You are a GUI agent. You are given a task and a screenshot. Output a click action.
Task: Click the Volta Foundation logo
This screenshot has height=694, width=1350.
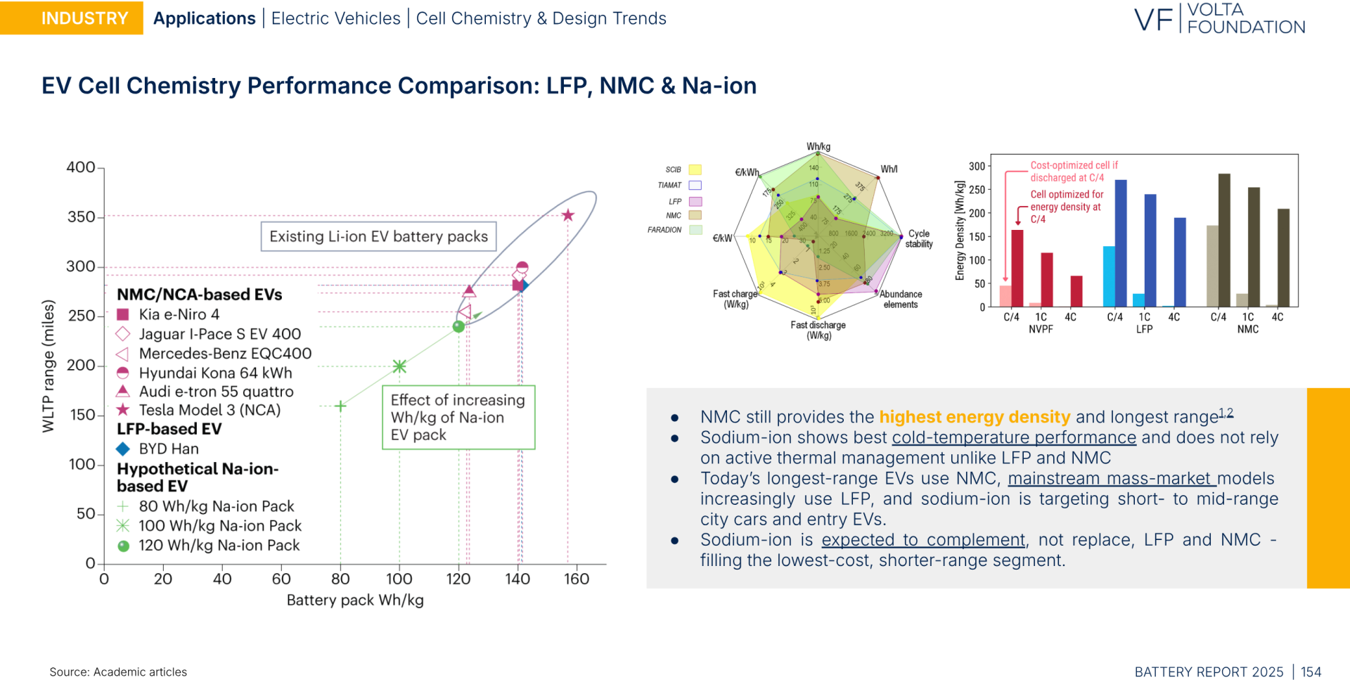(x=1219, y=19)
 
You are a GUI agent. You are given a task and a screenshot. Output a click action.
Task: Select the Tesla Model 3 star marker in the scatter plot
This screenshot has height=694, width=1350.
(x=568, y=215)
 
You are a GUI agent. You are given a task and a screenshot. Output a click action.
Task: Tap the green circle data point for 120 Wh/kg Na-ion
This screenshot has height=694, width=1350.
(x=458, y=326)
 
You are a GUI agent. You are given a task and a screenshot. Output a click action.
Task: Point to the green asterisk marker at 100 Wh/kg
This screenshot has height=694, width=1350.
(x=399, y=366)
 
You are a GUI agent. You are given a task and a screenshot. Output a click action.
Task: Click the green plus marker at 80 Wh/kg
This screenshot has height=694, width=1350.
(x=340, y=406)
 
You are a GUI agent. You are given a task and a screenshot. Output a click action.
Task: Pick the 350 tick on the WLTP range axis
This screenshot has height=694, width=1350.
(x=82, y=217)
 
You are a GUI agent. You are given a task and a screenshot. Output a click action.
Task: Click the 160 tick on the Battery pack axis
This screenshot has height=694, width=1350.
(x=577, y=579)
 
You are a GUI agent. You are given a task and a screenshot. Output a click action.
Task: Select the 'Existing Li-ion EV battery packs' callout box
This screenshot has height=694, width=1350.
(x=378, y=236)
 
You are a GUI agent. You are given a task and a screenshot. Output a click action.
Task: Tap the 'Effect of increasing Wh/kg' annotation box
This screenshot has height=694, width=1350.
(x=458, y=417)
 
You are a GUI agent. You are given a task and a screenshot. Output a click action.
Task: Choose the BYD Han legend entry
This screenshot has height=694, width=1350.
(x=169, y=449)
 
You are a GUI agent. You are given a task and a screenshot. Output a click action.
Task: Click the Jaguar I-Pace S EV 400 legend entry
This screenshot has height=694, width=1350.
(x=219, y=334)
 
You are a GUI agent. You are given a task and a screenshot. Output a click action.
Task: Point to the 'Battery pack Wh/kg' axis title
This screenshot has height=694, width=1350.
(x=355, y=600)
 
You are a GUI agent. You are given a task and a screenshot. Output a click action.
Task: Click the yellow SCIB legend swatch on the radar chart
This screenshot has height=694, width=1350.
(x=695, y=169)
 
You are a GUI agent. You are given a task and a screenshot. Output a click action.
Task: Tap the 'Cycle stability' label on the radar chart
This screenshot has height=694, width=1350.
(x=919, y=239)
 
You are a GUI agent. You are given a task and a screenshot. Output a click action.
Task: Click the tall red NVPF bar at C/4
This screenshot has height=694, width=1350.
(x=1017, y=268)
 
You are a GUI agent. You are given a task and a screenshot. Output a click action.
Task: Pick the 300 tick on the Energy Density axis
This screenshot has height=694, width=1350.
(x=977, y=167)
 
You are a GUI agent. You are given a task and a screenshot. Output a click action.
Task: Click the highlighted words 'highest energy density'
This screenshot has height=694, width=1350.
(x=975, y=417)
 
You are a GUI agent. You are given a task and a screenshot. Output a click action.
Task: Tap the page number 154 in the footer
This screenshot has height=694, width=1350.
(x=1311, y=672)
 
